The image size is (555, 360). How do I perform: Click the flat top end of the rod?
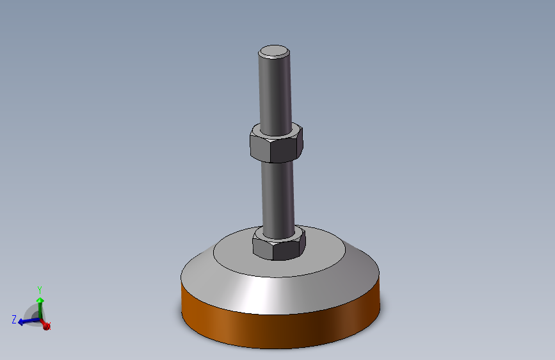tap(274, 51)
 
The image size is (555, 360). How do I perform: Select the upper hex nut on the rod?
tap(275, 144)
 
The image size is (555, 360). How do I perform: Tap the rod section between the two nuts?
tap(277, 192)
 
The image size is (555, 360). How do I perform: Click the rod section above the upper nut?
tap(274, 90)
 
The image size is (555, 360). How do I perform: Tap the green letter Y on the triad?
tap(40, 290)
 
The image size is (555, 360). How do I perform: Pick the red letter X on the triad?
tap(49, 327)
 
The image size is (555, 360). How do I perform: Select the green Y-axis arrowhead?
tap(40, 300)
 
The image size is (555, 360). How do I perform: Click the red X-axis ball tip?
tap(45, 325)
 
